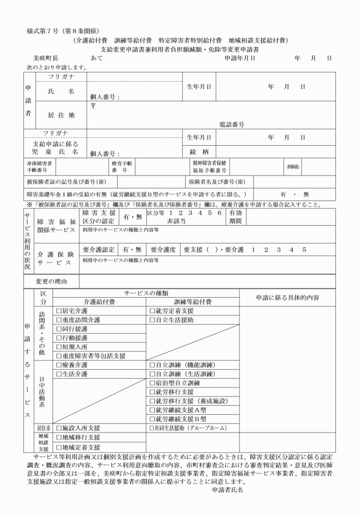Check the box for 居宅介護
pos(58,311)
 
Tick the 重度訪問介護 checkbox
pos(58,320)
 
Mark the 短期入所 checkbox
pos(58,347)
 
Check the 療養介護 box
pos(58,365)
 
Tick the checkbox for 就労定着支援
pos(152,311)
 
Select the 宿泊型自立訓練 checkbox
pos(152,383)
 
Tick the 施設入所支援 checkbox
pos(58,428)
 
